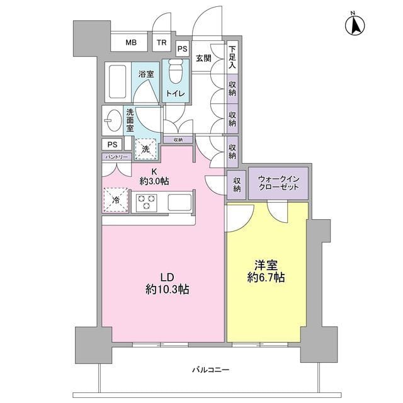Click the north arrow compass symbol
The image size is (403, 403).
click(355, 25)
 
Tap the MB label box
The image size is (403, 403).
click(130, 43)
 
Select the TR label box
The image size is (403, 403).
click(162, 43)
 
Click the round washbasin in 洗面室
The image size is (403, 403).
click(113, 119)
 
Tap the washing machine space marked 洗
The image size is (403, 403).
click(145, 149)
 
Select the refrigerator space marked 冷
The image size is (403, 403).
click(116, 200)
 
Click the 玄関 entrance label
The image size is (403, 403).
click(203, 59)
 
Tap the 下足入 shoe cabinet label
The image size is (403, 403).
click(232, 57)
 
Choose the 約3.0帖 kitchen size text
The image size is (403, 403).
click(154, 181)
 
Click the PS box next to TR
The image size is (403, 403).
click(182, 48)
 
